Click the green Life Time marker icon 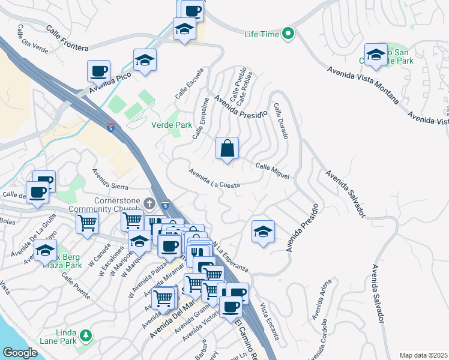288,34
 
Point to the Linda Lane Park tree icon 86,334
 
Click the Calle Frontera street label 67,38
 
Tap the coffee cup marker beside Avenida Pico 98,71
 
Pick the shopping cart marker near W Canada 88,223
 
